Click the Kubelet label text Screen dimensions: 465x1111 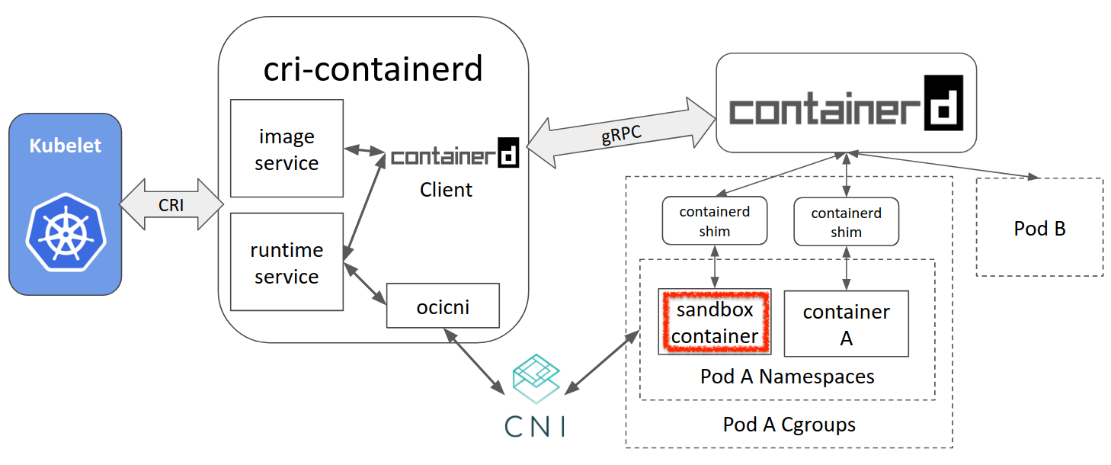click(65, 146)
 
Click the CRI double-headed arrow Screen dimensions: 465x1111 click(170, 204)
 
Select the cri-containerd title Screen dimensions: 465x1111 click(373, 69)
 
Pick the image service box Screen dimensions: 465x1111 click(287, 149)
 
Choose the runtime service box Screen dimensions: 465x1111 click(287, 263)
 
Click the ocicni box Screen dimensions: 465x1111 click(443, 306)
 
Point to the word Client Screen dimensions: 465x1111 click(446, 189)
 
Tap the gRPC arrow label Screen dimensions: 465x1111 click(621, 133)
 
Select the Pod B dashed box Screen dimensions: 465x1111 click(1039, 227)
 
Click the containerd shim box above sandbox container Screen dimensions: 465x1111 click(714, 221)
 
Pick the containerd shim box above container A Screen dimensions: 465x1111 click(846, 222)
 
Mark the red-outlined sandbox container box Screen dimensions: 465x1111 click(715, 322)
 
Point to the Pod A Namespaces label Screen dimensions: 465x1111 click(787, 377)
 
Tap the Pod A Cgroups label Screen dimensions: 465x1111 click(789, 425)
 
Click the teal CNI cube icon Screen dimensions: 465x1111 click(536, 378)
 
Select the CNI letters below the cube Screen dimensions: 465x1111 click(536, 425)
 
